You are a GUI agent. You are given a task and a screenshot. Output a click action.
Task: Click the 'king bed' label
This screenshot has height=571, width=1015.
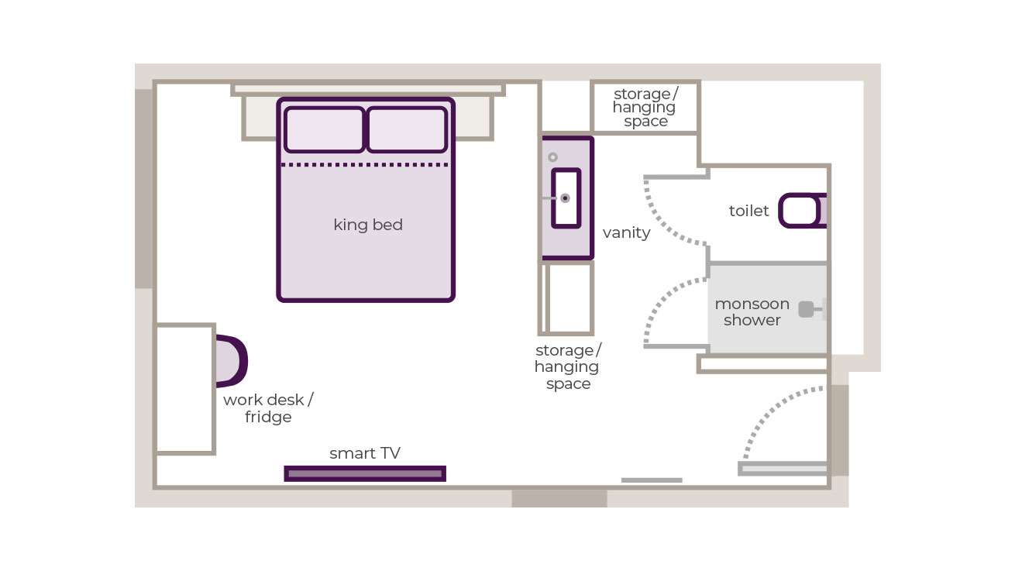[368, 225]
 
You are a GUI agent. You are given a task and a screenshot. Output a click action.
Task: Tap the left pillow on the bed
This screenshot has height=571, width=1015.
[324, 129]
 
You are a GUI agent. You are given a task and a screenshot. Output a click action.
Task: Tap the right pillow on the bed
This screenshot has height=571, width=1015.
[407, 129]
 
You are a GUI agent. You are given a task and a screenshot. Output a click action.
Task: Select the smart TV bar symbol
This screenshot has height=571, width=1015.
[365, 473]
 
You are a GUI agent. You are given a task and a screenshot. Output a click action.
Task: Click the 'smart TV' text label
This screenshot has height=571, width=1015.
[365, 453]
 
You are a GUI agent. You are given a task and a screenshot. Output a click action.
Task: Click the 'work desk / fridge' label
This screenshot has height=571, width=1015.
[268, 408]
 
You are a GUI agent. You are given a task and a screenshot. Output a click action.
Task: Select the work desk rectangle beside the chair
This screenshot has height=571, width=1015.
[185, 389]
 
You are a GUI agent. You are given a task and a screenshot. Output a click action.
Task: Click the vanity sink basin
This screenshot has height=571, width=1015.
[566, 198]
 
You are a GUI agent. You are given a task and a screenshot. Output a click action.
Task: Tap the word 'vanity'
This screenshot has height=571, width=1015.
[626, 232]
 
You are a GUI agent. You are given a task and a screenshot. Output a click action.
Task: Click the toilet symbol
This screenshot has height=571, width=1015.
[801, 211]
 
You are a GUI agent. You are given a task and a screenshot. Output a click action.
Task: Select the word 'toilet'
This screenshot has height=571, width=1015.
[748, 211]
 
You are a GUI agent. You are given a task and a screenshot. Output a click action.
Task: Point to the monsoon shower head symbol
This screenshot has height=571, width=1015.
[807, 309]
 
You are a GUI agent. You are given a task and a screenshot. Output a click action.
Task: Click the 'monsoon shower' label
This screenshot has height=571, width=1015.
[752, 311]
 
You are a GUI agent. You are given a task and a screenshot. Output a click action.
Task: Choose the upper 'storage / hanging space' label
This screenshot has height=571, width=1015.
[645, 108]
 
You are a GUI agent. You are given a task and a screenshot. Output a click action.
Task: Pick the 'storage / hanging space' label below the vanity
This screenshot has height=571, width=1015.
[568, 366]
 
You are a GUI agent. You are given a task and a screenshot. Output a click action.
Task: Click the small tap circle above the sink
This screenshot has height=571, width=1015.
[552, 157]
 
